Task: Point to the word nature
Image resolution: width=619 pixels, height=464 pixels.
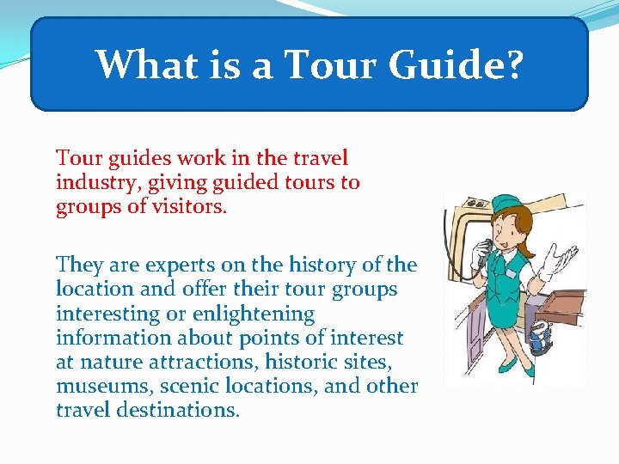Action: [x=106, y=362]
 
